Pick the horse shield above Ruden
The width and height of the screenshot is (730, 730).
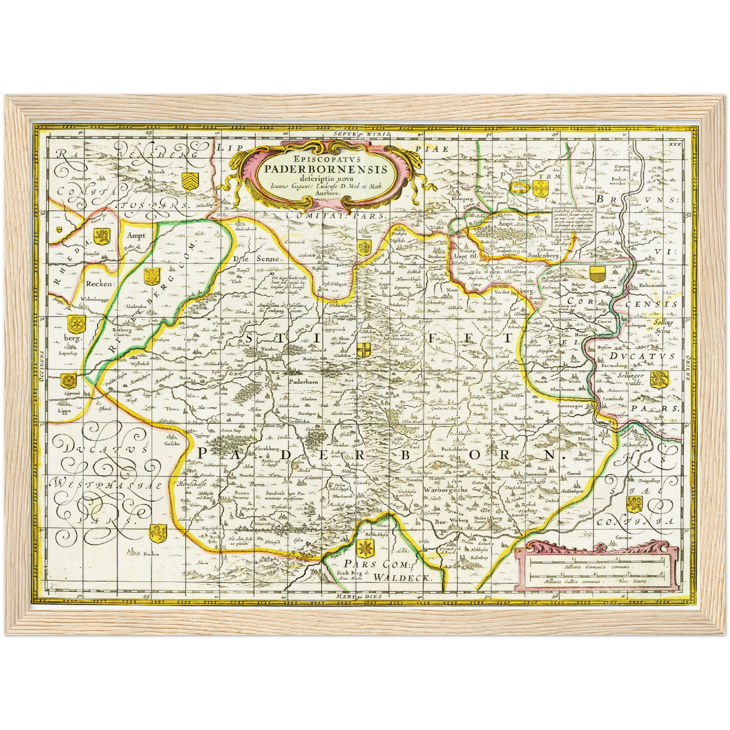[157, 532]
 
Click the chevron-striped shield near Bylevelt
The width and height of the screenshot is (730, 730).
[190, 178]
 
